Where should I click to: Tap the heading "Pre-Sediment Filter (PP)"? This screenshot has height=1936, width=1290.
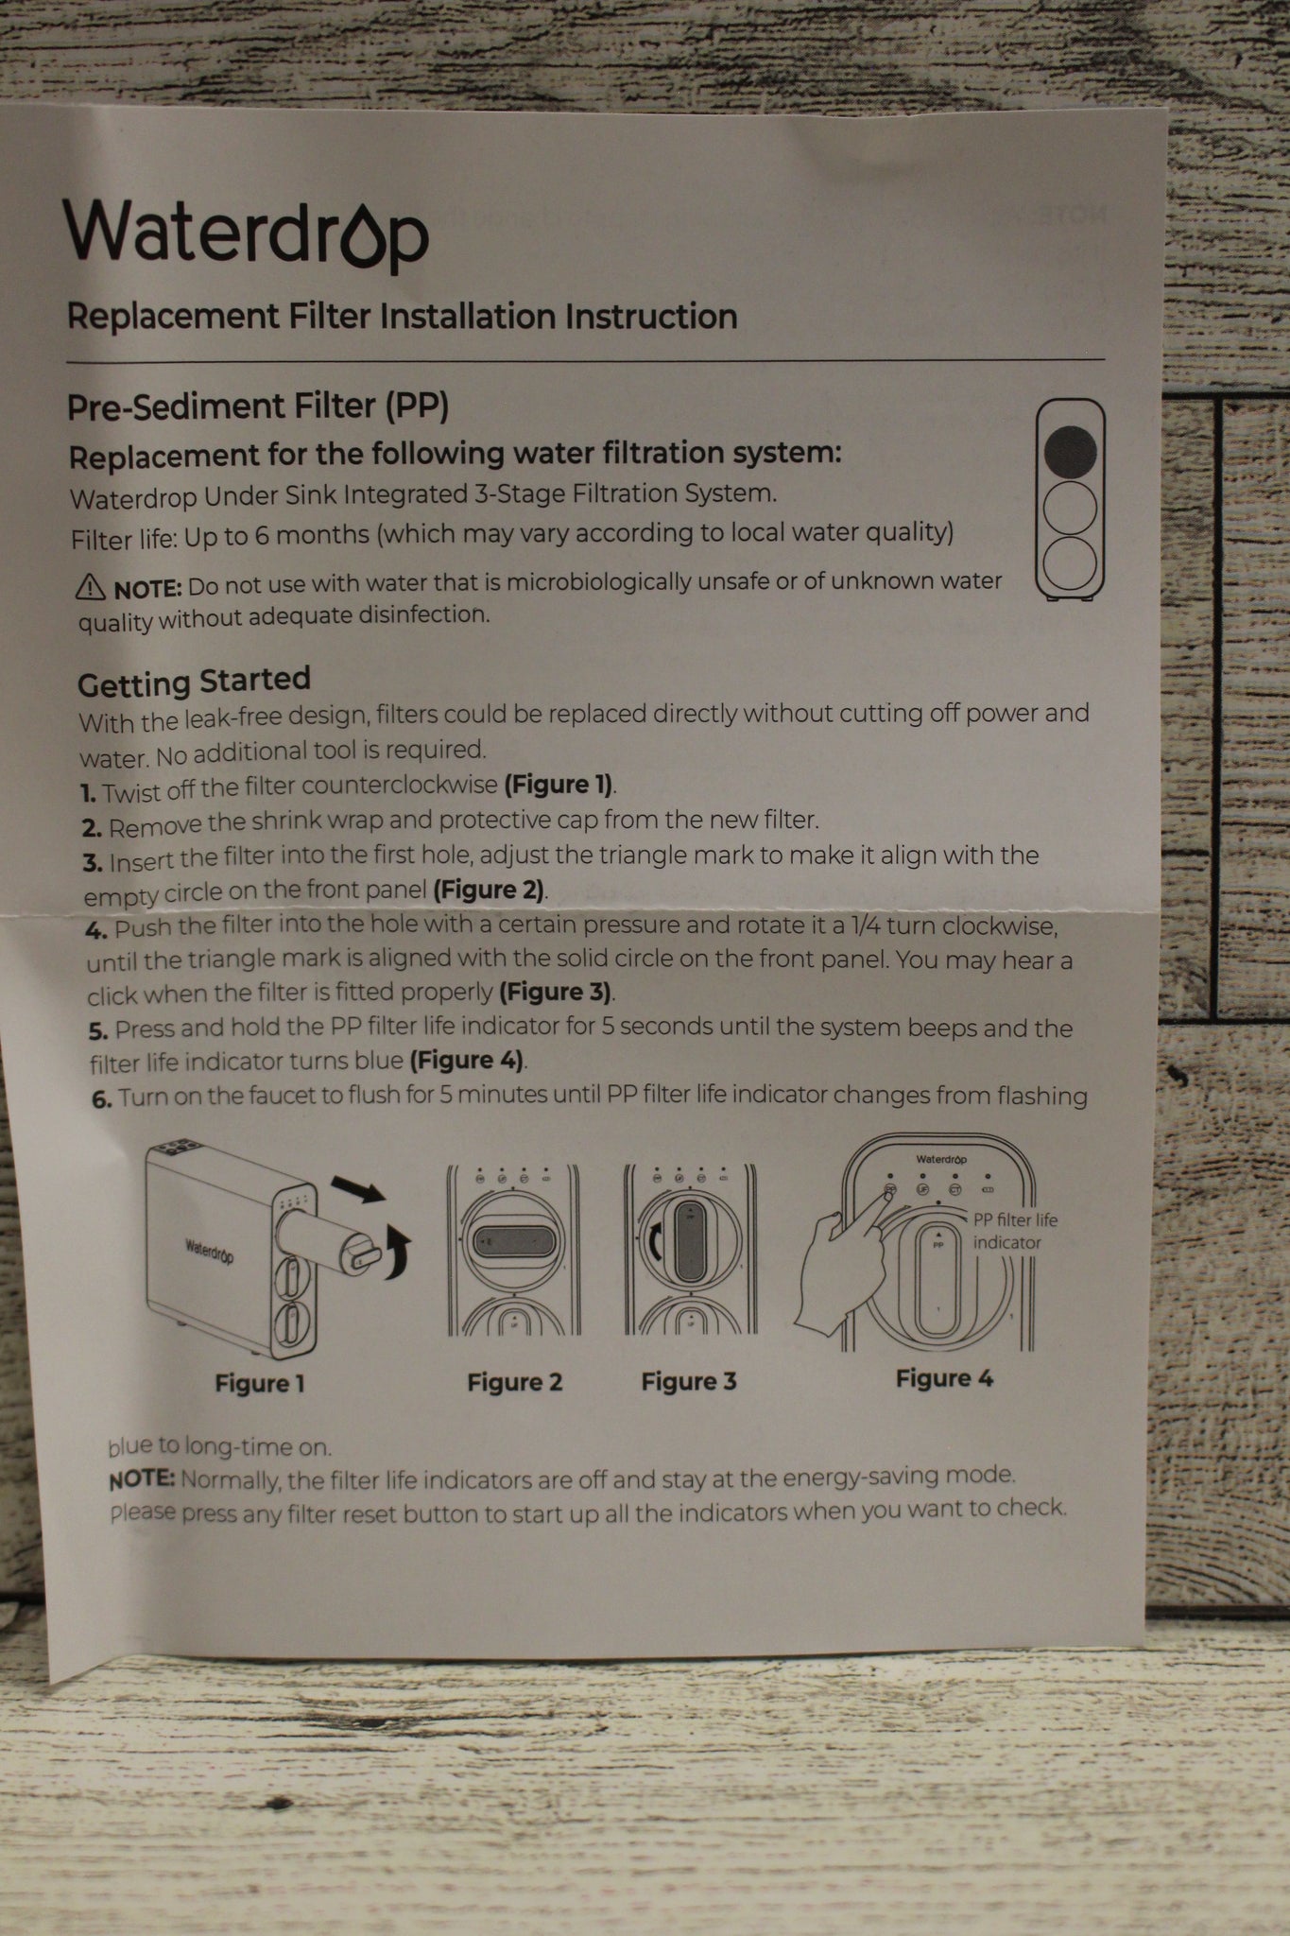pyautogui.click(x=258, y=407)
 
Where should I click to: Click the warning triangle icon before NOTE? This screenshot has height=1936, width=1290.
pyautogui.click(x=91, y=588)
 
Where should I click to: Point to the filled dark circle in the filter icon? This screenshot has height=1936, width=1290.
pyautogui.click(x=1071, y=450)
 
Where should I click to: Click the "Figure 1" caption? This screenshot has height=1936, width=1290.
pyautogui.click(x=260, y=1384)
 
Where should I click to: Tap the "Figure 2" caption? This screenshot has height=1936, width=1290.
pyautogui.click(x=515, y=1382)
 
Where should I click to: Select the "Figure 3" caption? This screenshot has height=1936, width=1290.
pyautogui.click(x=689, y=1381)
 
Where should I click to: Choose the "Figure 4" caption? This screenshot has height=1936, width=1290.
pyautogui.click(x=945, y=1378)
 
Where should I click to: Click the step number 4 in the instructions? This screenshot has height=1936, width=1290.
pyautogui.click(x=95, y=930)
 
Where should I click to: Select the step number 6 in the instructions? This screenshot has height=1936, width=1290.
pyautogui.click(x=102, y=1098)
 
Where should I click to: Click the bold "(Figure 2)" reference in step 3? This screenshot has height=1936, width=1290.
pyautogui.click(x=490, y=890)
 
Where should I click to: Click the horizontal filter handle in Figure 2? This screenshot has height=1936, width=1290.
pyautogui.click(x=513, y=1245)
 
